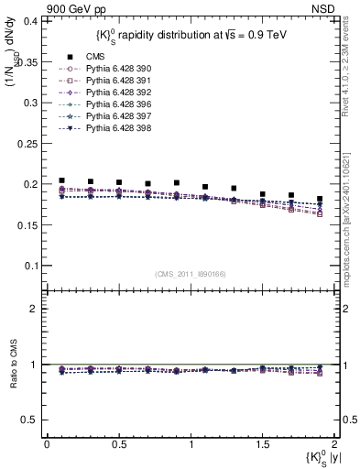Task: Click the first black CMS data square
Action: point(61,180)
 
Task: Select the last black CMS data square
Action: point(320,199)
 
